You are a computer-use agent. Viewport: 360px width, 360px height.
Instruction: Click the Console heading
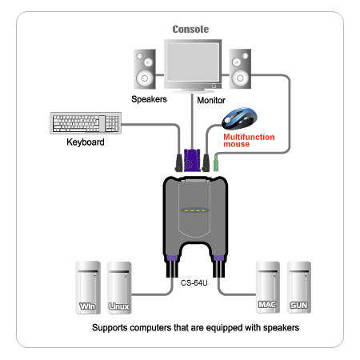click(190, 29)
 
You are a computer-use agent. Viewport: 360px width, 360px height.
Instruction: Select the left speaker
click(145, 69)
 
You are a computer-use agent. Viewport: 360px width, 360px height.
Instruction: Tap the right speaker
click(240, 69)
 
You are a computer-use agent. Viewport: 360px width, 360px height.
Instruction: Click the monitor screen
click(193, 62)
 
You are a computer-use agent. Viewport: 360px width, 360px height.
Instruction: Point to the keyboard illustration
click(86, 123)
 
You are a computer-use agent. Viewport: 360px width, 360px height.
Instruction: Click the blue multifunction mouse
click(239, 118)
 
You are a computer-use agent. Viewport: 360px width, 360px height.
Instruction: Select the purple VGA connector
click(192, 160)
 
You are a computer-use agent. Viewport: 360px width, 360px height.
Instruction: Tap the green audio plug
click(216, 163)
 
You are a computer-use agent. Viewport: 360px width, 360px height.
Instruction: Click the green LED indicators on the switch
click(195, 210)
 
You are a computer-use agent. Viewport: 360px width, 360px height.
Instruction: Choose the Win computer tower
click(88, 287)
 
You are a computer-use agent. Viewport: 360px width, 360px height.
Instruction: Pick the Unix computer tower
click(119, 288)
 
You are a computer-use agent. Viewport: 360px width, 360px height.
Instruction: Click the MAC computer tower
click(268, 287)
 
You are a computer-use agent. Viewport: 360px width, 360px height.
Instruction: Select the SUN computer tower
click(299, 287)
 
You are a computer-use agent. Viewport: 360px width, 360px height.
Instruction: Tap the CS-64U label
click(194, 283)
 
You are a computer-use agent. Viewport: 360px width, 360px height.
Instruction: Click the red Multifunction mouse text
click(249, 141)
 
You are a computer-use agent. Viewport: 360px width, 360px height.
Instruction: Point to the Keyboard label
click(86, 142)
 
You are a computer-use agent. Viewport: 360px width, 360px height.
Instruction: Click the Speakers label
click(149, 99)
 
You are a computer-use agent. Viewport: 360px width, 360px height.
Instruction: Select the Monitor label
click(211, 100)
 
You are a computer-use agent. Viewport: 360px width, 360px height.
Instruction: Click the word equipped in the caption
click(224, 328)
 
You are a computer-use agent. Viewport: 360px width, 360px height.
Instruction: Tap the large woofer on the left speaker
click(144, 78)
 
